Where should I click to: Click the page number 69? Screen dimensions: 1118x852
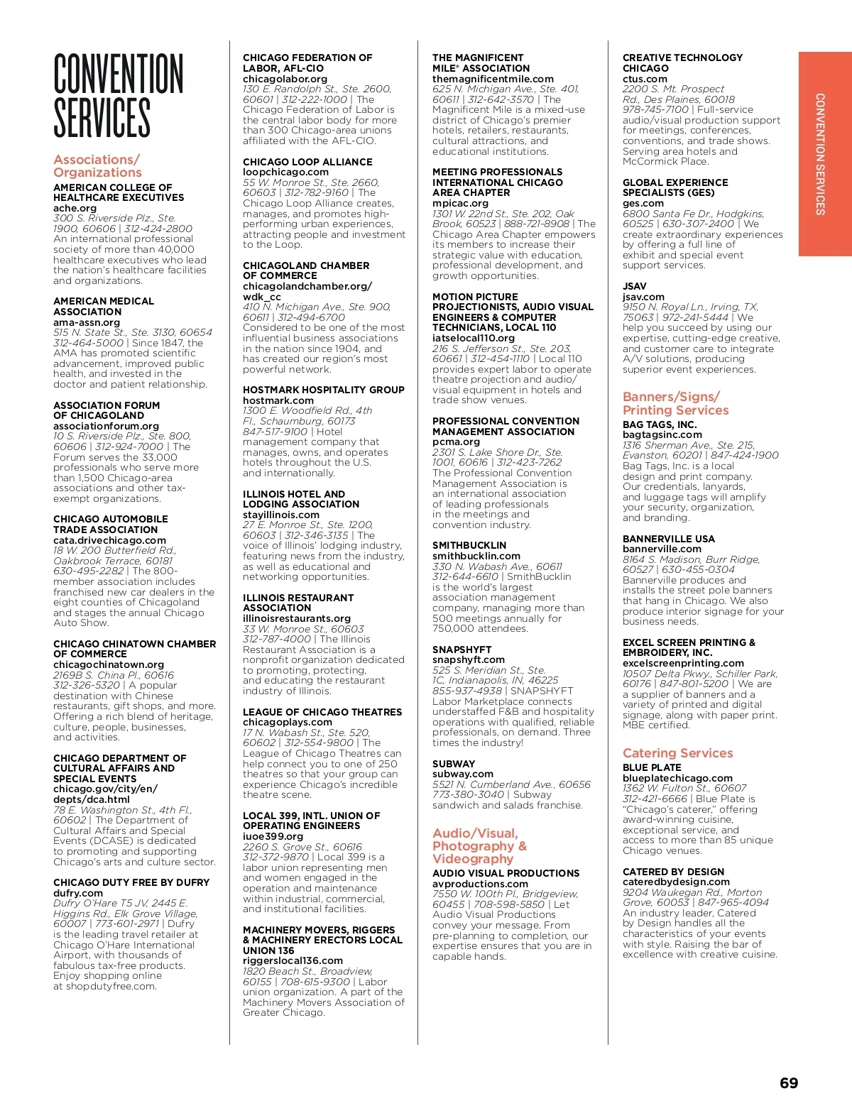[788, 1083]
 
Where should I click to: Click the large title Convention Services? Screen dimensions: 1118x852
[118, 96]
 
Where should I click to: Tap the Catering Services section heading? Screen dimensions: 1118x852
[677, 753]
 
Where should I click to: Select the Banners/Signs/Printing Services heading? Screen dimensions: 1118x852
[675, 403]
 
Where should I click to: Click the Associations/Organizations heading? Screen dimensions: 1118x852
[97, 166]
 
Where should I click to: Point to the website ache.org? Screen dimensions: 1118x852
[75, 208]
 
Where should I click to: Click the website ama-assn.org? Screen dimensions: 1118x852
[87, 322]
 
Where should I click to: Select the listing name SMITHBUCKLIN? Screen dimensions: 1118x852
[469, 546]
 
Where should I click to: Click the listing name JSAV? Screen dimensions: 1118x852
[634, 286]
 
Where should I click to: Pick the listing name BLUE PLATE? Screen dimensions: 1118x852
[651, 767]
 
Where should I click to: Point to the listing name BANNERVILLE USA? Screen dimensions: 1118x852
[668, 539]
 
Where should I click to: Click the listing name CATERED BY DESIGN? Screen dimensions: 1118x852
[673, 872]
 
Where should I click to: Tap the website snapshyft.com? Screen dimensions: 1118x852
[468, 659]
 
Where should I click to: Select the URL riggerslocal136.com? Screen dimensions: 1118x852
[293, 960]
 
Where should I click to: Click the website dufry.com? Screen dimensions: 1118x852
[77, 893]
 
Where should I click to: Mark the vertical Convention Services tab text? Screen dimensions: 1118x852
[819, 154]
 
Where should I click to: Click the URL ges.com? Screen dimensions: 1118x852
[643, 203]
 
